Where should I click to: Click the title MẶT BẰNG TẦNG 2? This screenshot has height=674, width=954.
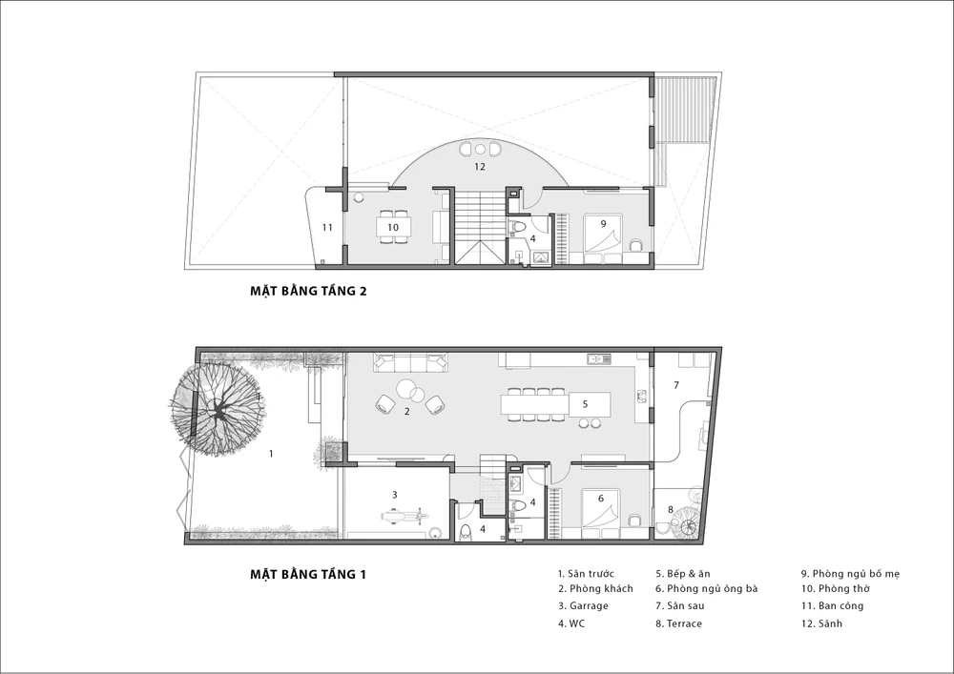(308, 291)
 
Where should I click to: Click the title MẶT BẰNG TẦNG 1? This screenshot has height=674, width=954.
(308, 574)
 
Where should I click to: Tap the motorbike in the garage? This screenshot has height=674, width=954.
(404, 518)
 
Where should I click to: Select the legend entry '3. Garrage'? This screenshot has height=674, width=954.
(583, 606)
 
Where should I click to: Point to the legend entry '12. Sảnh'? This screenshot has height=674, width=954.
(821, 623)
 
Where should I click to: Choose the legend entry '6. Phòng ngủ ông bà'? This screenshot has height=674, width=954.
(706, 589)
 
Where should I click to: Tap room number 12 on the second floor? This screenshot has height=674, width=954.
(480, 166)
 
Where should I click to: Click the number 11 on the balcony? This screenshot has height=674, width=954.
(327, 228)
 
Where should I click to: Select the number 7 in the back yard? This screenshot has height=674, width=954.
(676, 385)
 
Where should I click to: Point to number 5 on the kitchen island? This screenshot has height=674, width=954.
(585, 403)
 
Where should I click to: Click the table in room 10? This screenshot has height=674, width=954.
(393, 227)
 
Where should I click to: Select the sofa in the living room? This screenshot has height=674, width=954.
(411, 364)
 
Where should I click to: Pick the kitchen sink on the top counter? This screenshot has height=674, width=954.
(598, 359)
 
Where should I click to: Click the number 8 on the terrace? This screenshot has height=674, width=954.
(671, 510)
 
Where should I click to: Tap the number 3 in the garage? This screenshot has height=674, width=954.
(394, 495)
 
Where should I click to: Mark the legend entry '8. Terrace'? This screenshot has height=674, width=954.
(678, 623)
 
